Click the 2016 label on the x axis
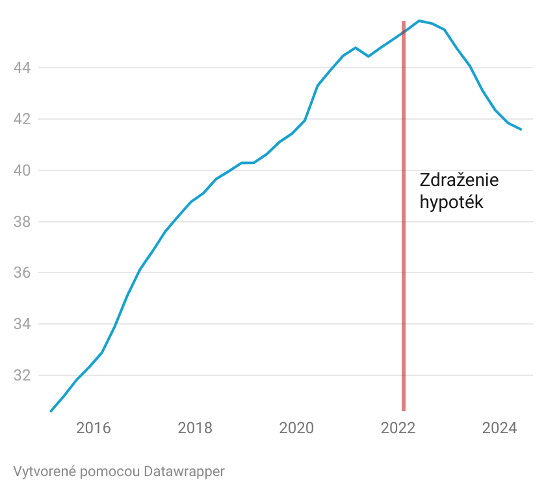click(x=94, y=428)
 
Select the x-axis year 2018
click(x=195, y=428)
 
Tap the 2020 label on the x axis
click(x=296, y=428)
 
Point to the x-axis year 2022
click(x=398, y=428)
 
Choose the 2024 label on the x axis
click(x=499, y=428)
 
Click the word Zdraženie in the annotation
click(x=459, y=180)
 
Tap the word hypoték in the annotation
click(x=452, y=202)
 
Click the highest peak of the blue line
click(x=419, y=21)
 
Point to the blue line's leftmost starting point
click(x=51, y=411)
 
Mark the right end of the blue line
click(x=521, y=129)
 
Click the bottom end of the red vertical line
click(x=404, y=410)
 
